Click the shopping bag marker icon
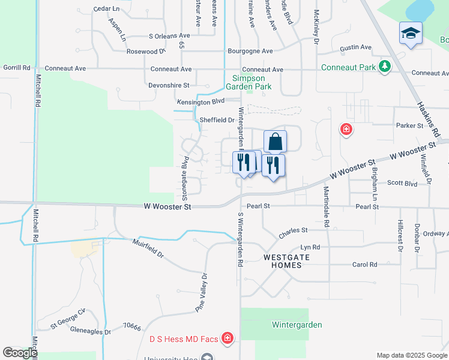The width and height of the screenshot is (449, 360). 275,142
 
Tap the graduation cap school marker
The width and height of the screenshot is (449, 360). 411,33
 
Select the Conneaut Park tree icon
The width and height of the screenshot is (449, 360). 385,67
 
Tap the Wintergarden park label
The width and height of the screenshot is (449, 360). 297,325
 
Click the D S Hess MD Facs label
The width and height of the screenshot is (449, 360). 183,339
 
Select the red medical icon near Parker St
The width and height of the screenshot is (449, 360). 346,128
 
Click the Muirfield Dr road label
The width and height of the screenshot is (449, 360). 148,247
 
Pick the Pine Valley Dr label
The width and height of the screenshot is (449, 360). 200,292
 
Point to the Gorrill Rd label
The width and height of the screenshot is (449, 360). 16,68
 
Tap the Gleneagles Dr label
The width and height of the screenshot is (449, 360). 91,331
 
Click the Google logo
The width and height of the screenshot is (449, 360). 20,353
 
